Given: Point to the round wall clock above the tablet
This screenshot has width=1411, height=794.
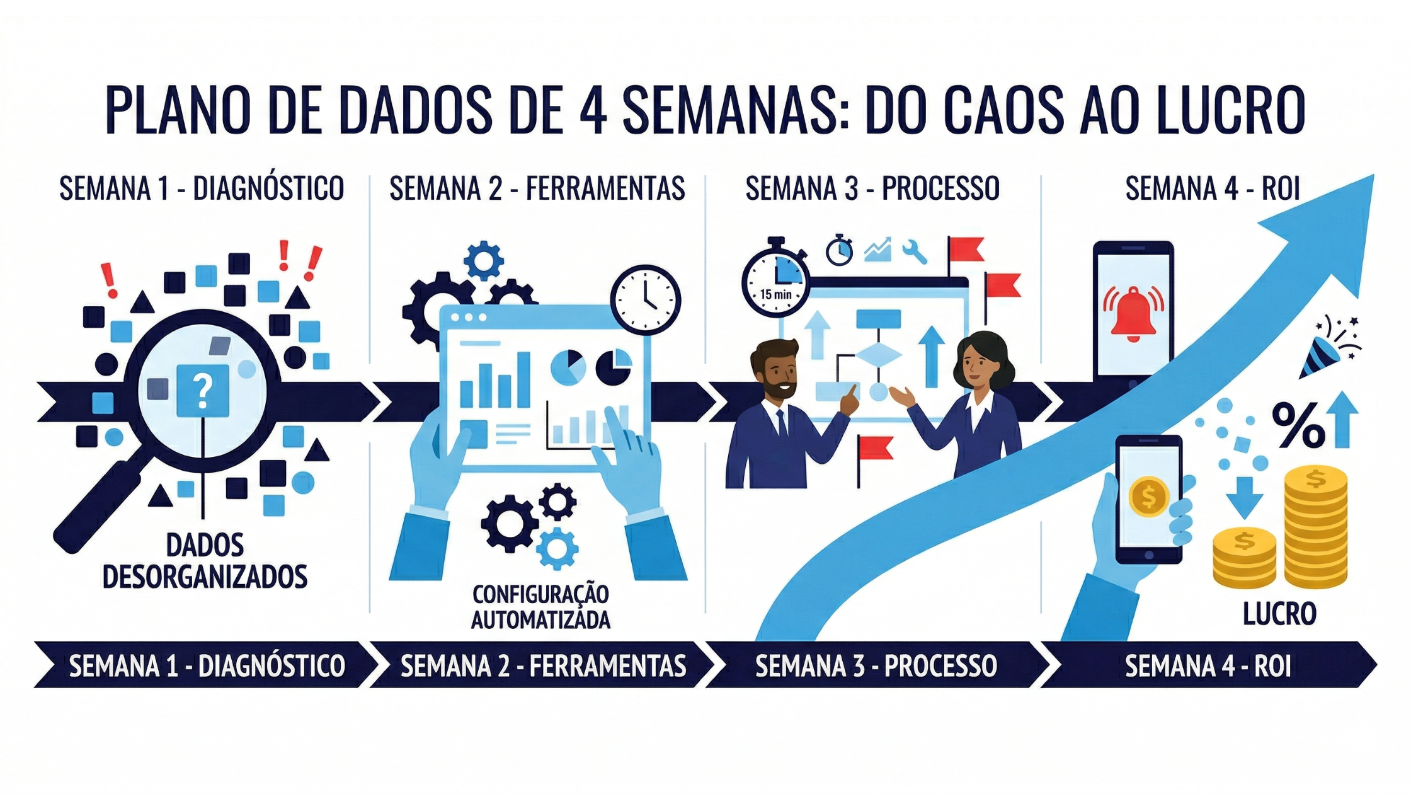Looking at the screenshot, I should (645, 299).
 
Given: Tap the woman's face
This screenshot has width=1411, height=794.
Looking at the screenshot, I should (974, 368).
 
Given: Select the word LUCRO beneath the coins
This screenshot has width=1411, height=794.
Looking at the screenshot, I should (1279, 613).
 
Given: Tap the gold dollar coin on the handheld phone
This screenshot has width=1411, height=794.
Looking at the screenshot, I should (1148, 496).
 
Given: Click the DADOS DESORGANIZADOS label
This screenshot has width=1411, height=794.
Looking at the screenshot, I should (205, 561).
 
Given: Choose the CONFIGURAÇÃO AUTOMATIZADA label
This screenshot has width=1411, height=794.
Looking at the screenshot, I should (540, 606).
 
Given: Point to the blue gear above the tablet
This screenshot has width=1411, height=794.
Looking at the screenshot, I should (483, 260).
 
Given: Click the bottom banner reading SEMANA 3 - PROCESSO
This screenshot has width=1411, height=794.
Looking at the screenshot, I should (876, 665).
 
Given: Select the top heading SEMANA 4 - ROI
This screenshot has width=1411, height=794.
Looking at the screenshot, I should (1213, 188).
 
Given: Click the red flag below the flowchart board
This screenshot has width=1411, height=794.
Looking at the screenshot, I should (876, 448).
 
